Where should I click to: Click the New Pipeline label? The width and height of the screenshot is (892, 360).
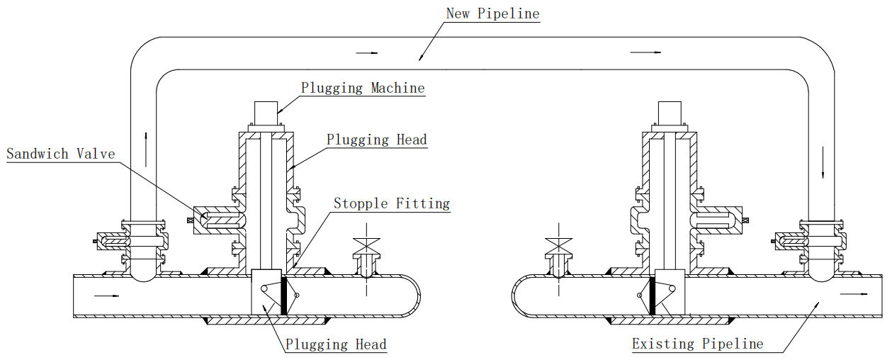click(492, 13)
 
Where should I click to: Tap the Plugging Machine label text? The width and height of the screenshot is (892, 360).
click(363, 88)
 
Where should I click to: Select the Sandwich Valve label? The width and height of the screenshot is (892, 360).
click(61, 154)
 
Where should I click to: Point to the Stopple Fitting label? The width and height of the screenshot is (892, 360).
click(392, 203)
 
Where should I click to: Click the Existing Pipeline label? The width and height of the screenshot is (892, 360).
click(698, 344)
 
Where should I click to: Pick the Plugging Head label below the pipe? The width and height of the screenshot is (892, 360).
click(336, 344)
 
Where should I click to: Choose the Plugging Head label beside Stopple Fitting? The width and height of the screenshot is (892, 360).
click(377, 140)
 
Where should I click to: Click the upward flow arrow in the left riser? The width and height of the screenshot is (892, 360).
click(146, 150)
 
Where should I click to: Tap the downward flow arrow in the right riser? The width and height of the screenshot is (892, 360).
click(823, 162)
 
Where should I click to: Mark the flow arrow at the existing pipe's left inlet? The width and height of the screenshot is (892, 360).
click(107, 296)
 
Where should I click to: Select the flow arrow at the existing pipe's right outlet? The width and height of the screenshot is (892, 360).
click(853, 294)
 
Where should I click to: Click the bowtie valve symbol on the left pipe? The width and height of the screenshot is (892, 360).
click(367, 245)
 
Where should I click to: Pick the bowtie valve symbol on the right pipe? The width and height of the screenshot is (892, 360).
click(559, 245)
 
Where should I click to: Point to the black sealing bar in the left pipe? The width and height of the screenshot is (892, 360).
click(284, 296)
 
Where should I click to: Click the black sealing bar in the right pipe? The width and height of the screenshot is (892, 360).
click(653, 296)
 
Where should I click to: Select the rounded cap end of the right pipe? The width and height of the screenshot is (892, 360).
click(512, 296)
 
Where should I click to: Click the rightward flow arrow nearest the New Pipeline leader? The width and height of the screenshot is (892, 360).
click(366, 53)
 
